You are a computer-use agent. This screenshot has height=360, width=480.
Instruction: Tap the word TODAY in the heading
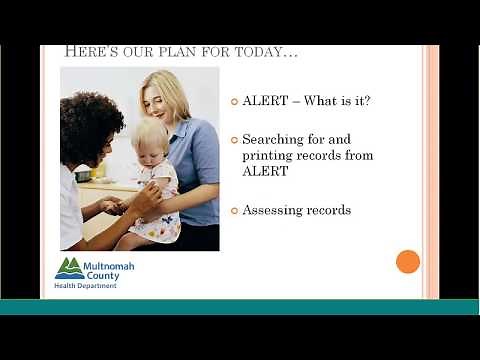pos(265,52)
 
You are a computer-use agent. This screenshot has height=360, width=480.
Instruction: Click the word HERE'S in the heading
pos(89,52)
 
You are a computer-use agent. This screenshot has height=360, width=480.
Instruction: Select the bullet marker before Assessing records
pos(234,211)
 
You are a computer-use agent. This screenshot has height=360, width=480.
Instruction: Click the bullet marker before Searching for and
pos(234,141)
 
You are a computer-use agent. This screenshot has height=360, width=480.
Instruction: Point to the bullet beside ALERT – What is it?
pos(234,101)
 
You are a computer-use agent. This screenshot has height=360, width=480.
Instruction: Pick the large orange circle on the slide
pos(407,262)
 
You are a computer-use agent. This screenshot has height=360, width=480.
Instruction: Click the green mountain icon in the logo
pos(69,268)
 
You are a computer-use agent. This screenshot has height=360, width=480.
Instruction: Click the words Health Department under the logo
pos(85,286)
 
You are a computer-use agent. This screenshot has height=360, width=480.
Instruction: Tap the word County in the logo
pos(100,275)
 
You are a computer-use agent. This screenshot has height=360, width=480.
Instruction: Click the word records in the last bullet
pos(327,211)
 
